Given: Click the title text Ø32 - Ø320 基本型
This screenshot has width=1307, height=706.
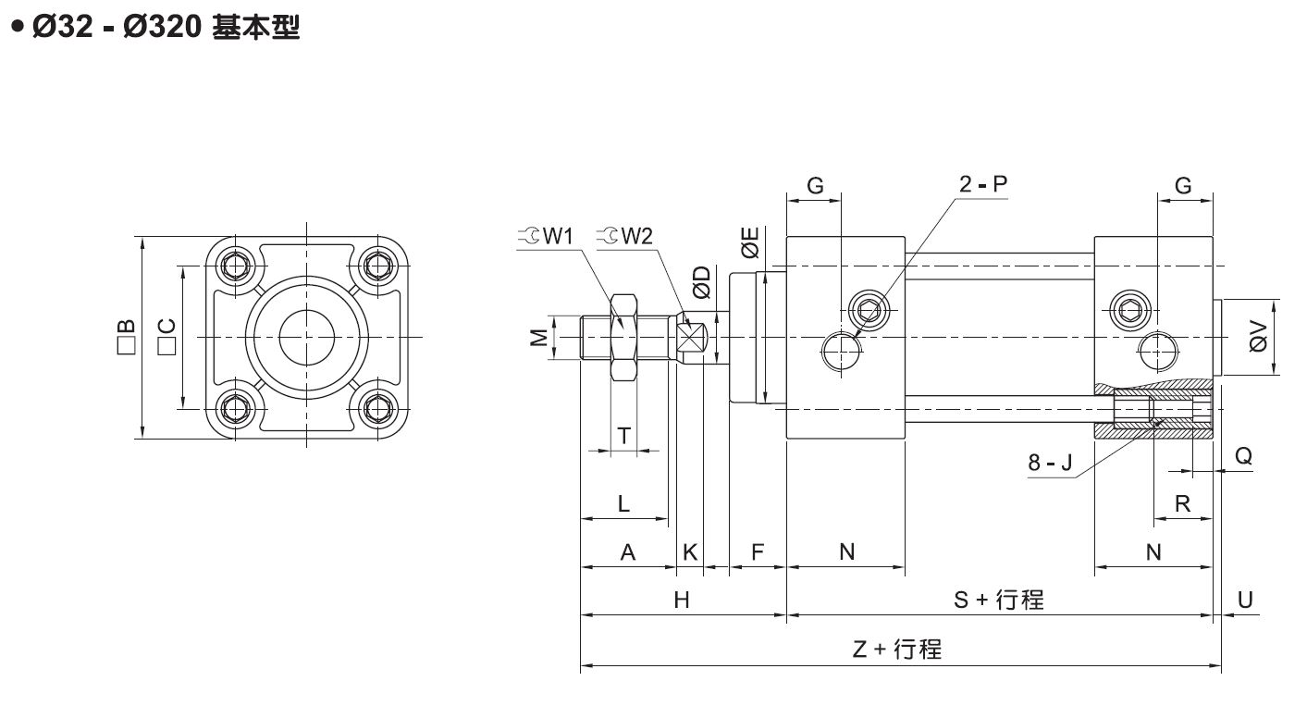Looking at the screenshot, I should click(x=154, y=28).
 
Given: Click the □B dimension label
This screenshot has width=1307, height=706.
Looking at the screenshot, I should click(x=126, y=337).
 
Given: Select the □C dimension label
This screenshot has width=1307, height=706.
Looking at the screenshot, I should click(x=167, y=337).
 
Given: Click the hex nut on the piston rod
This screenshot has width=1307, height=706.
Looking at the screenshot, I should click(x=623, y=337).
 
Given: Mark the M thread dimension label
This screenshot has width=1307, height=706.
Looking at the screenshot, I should click(x=538, y=338).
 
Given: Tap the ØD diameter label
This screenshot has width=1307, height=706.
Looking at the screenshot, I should click(x=702, y=282).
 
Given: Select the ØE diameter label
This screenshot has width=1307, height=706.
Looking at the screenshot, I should click(x=750, y=242).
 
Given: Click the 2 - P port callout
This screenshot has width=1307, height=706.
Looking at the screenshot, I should click(x=982, y=184).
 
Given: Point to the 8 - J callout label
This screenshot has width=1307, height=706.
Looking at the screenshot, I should click(x=1051, y=462).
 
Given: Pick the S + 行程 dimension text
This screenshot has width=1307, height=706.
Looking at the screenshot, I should click(x=999, y=600).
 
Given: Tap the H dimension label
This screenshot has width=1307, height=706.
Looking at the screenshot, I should click(x=682, y=600).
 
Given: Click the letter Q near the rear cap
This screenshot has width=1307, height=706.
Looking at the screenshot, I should click(x=1244, y=455).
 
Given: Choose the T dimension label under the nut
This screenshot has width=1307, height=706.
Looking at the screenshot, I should click(x=624, y=435).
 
